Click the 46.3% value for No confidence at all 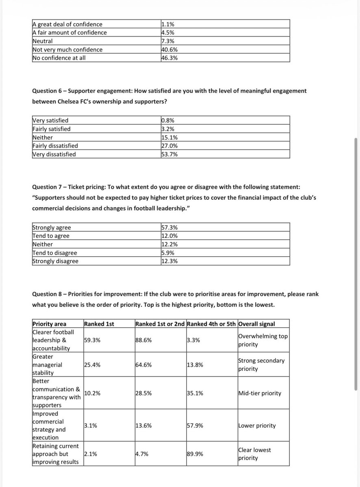169,58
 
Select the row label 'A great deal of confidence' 67,24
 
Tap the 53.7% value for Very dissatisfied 169,154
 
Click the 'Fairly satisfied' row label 51,129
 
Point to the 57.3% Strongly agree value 169,227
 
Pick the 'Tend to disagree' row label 54,253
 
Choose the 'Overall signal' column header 257,324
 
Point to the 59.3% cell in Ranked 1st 92,340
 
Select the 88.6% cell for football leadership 143,340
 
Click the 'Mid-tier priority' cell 259,393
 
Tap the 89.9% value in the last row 195,454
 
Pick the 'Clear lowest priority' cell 254,454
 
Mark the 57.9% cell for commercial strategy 195,426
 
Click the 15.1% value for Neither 169,137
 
